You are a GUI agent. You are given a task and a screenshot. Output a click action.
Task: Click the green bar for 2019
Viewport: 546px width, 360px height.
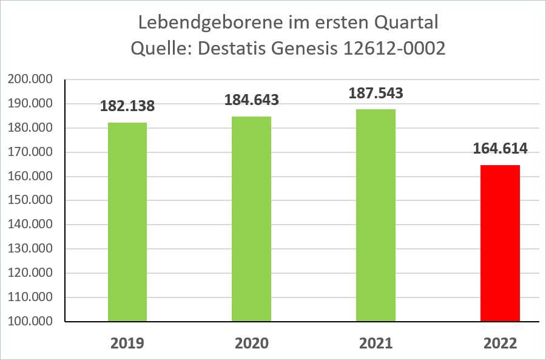point(127,222)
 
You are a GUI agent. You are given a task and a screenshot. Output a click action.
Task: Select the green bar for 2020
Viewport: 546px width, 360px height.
point(252,219)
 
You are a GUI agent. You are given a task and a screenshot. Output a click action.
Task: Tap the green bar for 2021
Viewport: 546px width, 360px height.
point(376,215)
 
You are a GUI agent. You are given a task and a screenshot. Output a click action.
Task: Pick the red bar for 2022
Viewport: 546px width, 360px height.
point(500,243)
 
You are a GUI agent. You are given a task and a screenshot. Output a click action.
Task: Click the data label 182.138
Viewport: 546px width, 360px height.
point(127,106)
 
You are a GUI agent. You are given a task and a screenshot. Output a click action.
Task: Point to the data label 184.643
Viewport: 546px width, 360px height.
point(252,99)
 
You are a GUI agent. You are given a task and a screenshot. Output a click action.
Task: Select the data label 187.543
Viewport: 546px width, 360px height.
point(376,93)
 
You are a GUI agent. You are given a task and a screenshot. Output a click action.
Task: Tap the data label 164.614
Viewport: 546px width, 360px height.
point(500,148)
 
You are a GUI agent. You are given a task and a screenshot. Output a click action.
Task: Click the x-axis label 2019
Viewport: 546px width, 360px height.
point(127,343)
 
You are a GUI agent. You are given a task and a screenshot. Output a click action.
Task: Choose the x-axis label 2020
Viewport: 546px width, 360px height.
point(252,343)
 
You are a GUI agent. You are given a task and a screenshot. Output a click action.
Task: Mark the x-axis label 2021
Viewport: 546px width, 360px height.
point(376,343)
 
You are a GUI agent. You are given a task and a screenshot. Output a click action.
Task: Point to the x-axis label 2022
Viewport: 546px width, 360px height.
point(500,343)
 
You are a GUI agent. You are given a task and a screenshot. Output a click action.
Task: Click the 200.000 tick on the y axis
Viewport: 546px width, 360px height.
point(30,80)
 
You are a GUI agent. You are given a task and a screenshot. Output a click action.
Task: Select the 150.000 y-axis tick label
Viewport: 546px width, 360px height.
point(30,200)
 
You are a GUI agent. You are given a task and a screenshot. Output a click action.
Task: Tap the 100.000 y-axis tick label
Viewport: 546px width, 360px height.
point(30,321)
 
